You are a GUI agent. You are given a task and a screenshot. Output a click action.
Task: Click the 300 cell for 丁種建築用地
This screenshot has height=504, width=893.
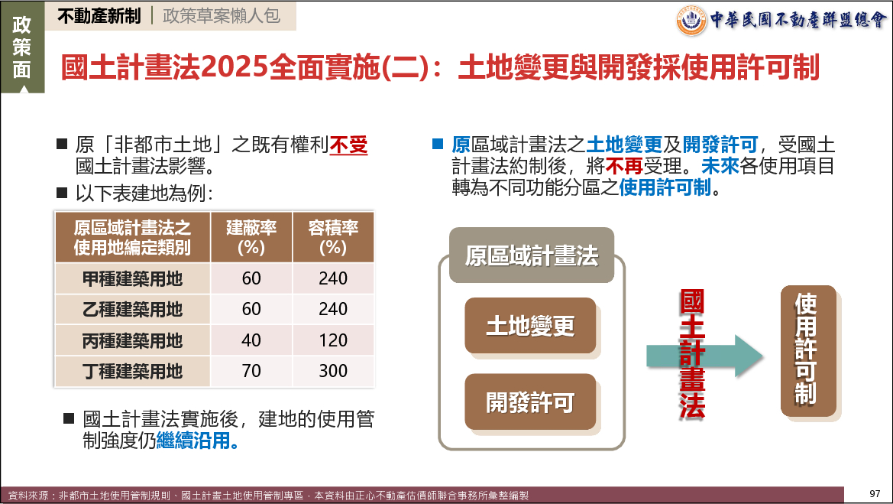333,371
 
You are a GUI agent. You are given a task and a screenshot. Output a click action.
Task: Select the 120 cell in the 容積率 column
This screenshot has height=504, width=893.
333,340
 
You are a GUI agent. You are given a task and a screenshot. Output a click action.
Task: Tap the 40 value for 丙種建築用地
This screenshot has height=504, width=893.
251,340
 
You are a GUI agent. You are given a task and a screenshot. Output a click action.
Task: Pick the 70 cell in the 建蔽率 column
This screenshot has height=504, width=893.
251,371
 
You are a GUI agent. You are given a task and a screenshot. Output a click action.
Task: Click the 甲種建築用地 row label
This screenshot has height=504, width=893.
133,279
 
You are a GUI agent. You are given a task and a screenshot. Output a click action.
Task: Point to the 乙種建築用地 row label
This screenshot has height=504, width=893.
133,310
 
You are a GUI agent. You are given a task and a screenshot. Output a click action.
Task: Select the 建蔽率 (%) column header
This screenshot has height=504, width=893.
251,237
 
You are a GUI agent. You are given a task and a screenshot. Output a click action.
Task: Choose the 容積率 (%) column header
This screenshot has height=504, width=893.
333,237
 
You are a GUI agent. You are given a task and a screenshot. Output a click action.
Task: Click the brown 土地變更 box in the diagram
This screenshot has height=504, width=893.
530,326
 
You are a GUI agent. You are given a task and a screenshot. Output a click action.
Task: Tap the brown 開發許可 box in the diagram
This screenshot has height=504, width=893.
530,402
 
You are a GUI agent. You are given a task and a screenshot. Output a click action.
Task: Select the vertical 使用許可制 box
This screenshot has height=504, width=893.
808,350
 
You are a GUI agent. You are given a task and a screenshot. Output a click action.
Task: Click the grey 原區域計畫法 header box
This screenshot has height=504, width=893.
532,255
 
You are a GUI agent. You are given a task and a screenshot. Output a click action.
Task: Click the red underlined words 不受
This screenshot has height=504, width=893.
348,145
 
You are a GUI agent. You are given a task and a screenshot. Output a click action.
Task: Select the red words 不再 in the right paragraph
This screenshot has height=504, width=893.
624,166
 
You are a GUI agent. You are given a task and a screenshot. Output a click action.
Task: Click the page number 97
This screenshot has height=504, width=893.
875,494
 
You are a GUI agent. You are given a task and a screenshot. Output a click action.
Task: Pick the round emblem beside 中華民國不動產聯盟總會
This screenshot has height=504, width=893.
691,21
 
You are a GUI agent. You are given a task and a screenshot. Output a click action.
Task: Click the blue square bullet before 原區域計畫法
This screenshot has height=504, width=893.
438,144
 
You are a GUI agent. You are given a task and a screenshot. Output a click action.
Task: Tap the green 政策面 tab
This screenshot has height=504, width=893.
22,47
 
